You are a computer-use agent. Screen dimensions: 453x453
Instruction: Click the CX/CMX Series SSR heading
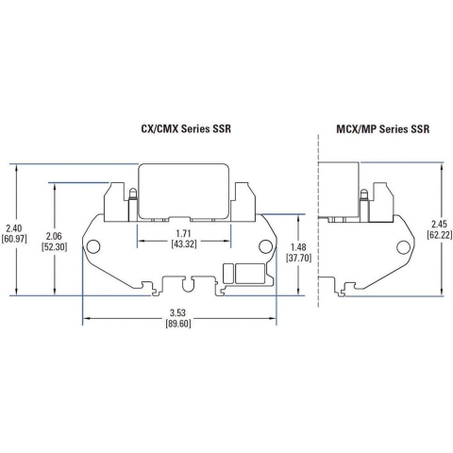click(x=180, y=128)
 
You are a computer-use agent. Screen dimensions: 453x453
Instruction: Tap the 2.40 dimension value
click(x=15, y=227)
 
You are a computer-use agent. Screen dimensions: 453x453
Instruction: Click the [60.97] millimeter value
click(x=15, y=240)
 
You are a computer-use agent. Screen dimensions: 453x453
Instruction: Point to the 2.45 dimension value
click(x=440, y=224)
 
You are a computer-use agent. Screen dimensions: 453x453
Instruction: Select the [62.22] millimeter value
click(x=440, y=235)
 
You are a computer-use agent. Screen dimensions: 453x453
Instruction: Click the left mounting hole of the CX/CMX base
click(x=93, y=248)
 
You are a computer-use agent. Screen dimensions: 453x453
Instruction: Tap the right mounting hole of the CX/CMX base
click(x=266, y=248)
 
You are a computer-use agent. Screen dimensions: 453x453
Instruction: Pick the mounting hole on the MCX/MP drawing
click(x=403, y=248)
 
